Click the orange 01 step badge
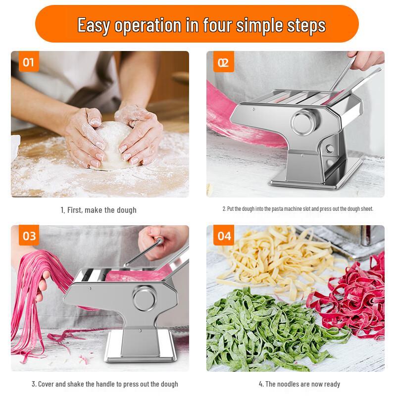coord(29,61)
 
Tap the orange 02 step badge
coord(224,61)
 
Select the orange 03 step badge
coord(29,235)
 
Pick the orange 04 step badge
coord(224,235)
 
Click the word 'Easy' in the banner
coord(94,26)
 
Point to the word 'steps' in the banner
coord(306,26)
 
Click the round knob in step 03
coord(145,298)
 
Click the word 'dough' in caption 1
coord(126,210)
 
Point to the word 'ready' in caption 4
coord(332,385)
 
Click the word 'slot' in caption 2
coord(307,209)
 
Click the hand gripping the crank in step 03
coord(162,243)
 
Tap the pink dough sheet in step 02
coord(240,119)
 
